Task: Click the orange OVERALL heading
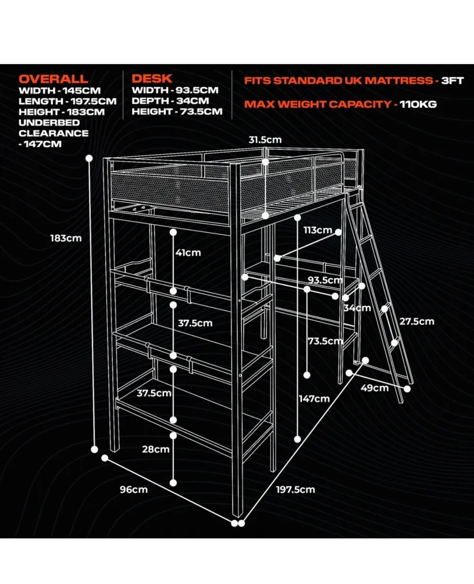pos(54,79)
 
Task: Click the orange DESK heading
pos(152,79)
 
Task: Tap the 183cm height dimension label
pos(66,238)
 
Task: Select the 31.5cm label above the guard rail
pos(265,140)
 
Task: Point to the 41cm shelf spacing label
pos(188,253)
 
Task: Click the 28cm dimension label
pos(156,449)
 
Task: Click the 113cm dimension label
pos(318,230)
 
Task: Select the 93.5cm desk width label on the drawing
pos(325,280)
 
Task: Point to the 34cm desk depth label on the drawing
pos(357,308)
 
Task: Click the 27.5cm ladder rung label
pos(417,321)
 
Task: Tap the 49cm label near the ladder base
pos(375,388)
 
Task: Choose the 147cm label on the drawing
pos(314,399)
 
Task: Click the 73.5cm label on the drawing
pos(326,341)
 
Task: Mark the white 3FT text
pos(452,81)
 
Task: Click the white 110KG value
pos(418,104)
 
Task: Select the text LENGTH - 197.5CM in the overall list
pos(68,101)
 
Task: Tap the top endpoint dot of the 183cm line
pos(89,158)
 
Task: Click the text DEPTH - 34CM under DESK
pos(170,101)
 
